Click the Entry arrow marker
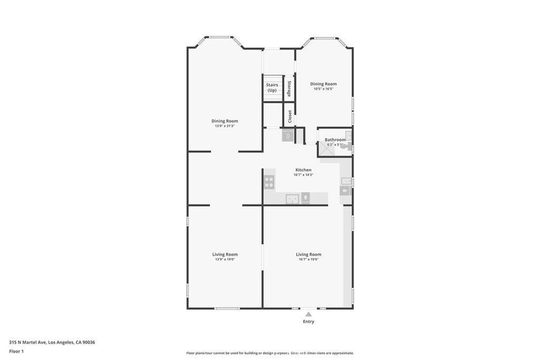point(308,314)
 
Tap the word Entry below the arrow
point(308,322)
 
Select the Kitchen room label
point(303,170)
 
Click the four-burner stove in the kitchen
point(269,182)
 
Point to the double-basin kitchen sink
point(292,198)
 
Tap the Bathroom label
point(335,140)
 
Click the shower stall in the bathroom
point(325,150)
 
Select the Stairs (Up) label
point(272,87)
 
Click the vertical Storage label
point(289,88)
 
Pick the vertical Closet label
point(290,116)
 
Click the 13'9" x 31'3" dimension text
point(225,126)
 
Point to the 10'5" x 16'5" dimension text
point(323,89)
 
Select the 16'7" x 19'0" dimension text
point(308,259)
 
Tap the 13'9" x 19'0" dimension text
point(225,259)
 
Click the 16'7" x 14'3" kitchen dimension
point(303,175)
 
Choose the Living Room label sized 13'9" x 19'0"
point(225,254)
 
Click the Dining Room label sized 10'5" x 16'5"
point(323,84)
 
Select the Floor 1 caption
point(16,351)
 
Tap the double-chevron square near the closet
point(287,136)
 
